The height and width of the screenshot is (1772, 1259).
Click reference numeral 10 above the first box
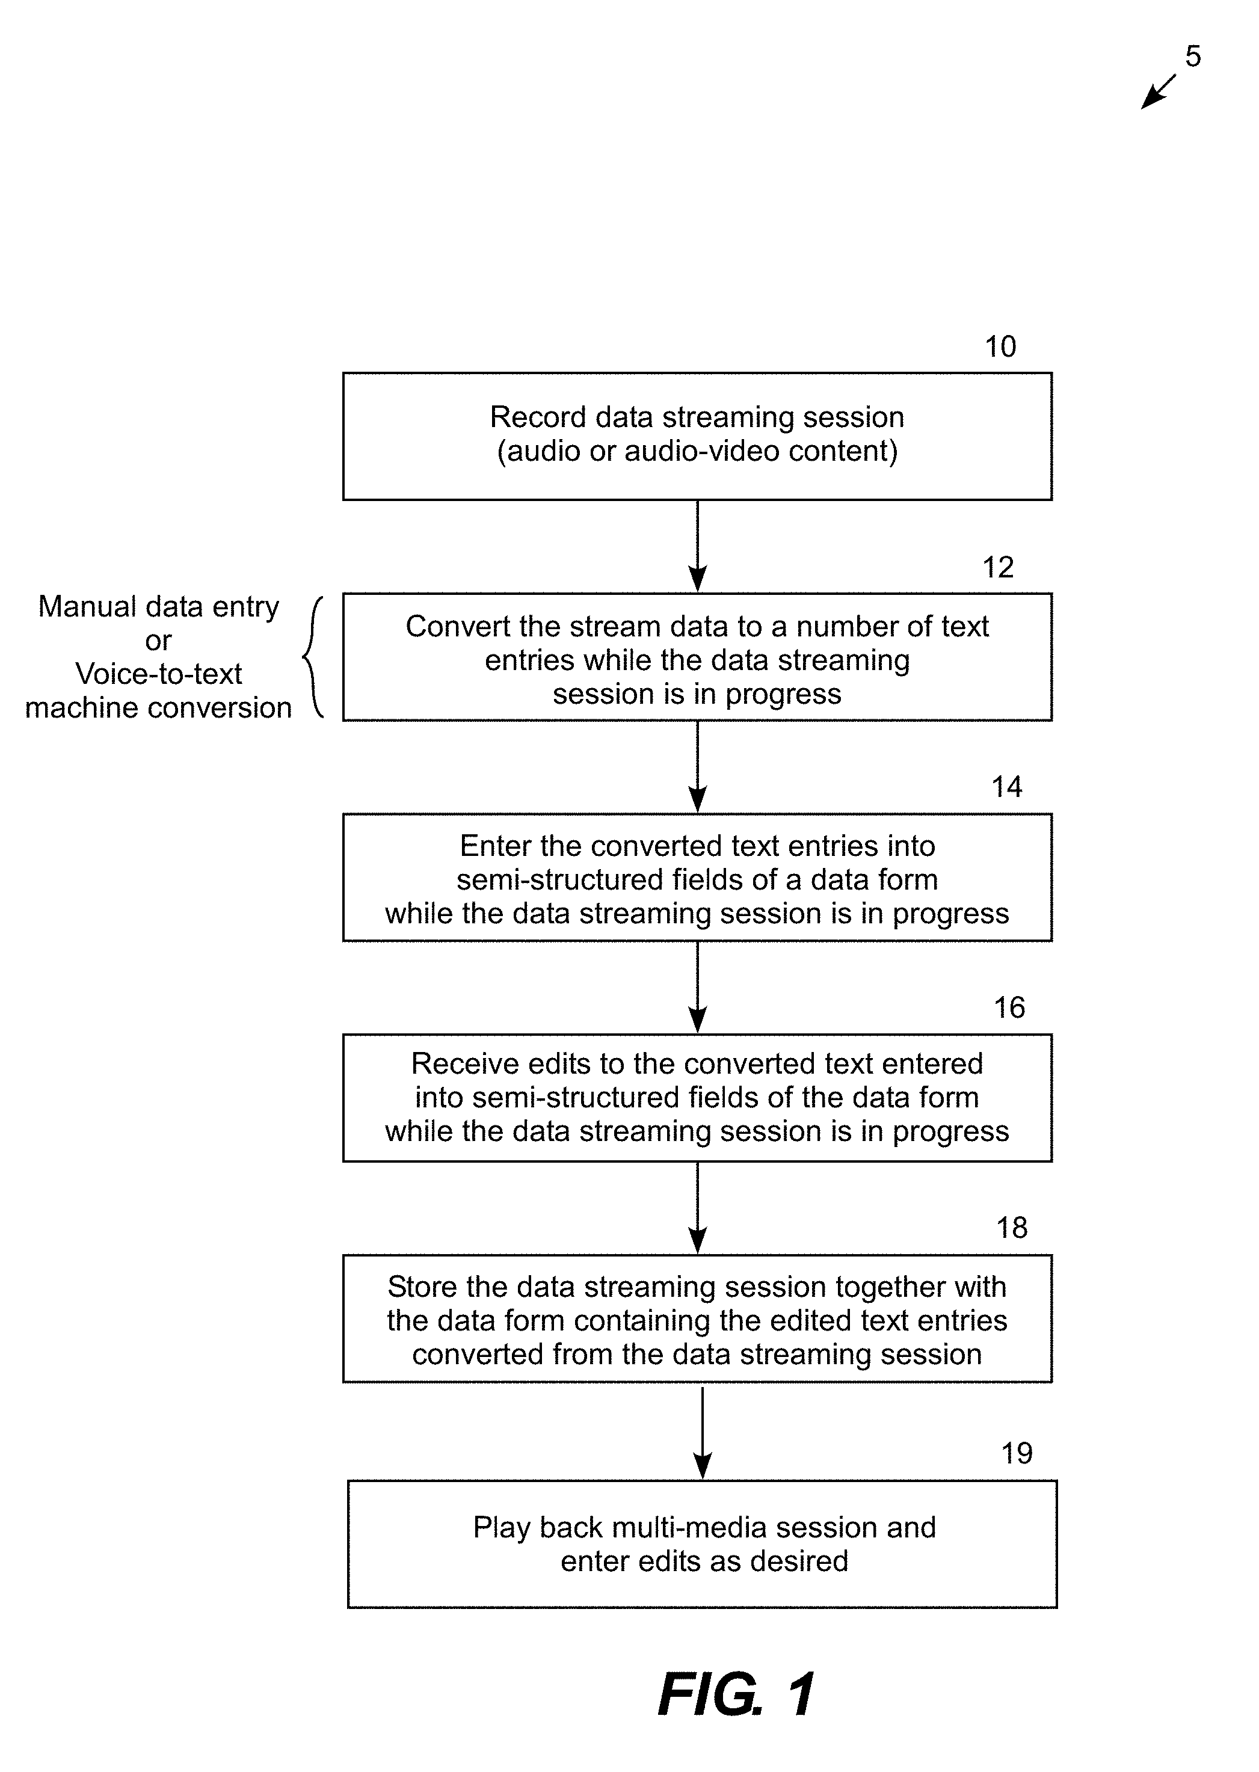point(1000,346)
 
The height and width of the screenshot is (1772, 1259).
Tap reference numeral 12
point(998,567)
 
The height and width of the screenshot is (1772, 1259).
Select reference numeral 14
point(1007,787)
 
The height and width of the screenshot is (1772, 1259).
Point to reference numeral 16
point(1009,1007)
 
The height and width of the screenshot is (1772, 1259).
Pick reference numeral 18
point(1012,1227)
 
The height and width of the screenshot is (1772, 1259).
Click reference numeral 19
point(1017,1453)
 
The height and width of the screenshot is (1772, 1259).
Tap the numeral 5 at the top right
point(1193,56)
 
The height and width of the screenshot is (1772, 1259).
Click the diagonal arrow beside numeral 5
point(1158,91)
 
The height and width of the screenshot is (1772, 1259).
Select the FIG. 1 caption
point(736,1694)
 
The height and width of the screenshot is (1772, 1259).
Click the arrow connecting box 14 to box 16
point(698,987)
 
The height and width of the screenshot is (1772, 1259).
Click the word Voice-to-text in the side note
point(158,674)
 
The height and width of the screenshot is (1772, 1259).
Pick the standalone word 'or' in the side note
point(158,641)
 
